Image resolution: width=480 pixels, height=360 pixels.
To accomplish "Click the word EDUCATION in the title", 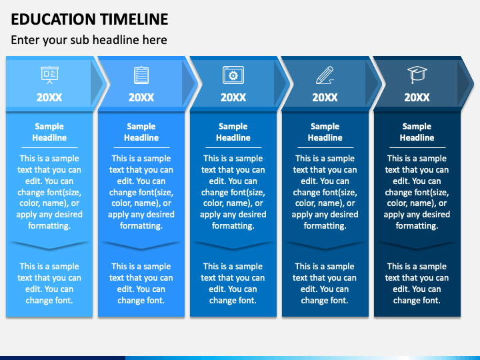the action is pyautogui.click(x=53, y=19).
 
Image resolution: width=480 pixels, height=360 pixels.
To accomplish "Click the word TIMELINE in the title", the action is pyautogui.click(x=135, y=19).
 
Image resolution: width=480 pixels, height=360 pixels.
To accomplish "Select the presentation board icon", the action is pyautogui.click(x=49, y=75).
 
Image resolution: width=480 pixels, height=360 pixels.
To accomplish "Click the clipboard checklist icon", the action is pyautogui.click(x=141, y=75).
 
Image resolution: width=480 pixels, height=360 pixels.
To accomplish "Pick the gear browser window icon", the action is pyautogui.click(x=233, y=75).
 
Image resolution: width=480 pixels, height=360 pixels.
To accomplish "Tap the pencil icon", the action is pyautogui.click(x=325, y=75).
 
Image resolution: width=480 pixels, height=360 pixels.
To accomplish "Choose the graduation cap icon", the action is pyautogui.click(x=417, y=75).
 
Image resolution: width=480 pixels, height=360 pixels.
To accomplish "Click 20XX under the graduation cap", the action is pyautogui.click(x=417, y=97).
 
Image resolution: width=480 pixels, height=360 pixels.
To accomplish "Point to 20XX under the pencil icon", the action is pyautogui.click(x=325, y=97).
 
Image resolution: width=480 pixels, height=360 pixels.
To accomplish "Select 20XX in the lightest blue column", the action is pyautogui.click(x=49, y=97).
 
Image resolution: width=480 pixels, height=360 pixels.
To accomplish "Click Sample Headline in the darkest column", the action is pyautogui.click(x=417, y=132).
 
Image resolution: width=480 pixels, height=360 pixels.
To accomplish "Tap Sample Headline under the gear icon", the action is pyautogui.click(x=233, y=132).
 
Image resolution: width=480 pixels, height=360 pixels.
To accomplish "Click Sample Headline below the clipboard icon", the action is pyautogui.click(x=141, y=132).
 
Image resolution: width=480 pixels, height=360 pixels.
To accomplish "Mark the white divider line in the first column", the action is pyautogui.click(x=49, y=147).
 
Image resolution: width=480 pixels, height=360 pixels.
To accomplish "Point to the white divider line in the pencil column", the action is pyautogui.click(x=325, y=147).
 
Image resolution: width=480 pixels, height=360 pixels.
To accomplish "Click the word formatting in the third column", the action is pyautogui.click(x=233, y=226).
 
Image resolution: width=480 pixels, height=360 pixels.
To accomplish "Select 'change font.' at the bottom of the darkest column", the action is pyautogui.click(x=417, y=300).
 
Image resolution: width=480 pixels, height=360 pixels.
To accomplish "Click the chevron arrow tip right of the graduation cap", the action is pyautogui.click(x=473, y=83).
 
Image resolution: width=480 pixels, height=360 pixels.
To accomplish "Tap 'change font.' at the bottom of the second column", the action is pyautogui.click(x=141, y=300).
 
